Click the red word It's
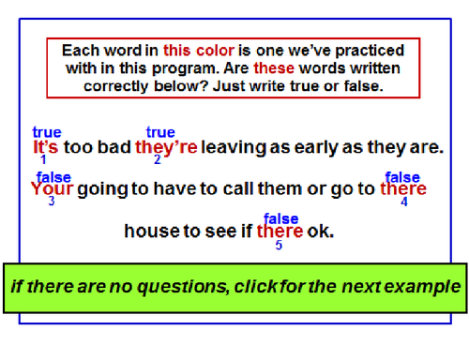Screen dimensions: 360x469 click(46, 147)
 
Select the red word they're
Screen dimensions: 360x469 click(166, 147)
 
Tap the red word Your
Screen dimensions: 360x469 click(52, 188)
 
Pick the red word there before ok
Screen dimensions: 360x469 click(280, 231)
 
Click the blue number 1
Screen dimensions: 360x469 click(43, 159)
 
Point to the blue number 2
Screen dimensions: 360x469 click(157, 159)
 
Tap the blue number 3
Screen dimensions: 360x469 click(51, 201)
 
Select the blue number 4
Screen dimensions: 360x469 click(403, 201)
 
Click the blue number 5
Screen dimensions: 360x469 click(279, 245)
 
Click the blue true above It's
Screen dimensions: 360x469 click(47, 133)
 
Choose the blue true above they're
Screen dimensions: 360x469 click(160, 133)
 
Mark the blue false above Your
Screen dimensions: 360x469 click(53, 176)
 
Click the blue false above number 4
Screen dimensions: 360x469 click(402, 176)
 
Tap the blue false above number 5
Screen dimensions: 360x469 click(280, 218)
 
